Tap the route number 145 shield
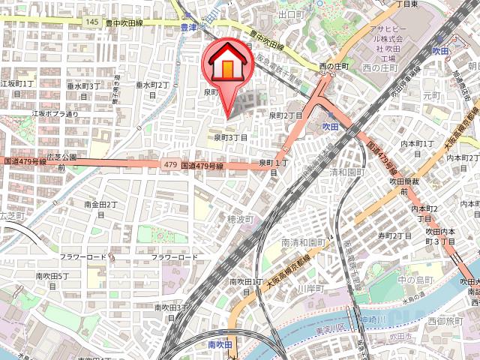click(91, 22)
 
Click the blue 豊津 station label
click(189, 28)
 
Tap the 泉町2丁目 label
click(285, 115)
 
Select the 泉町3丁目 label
click(229, 137)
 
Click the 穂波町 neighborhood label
click(241, 219)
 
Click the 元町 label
click(432, 96)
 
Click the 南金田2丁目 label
click(100, 208)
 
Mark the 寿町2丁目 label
click(394, 235)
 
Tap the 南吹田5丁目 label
click(52, 280)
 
